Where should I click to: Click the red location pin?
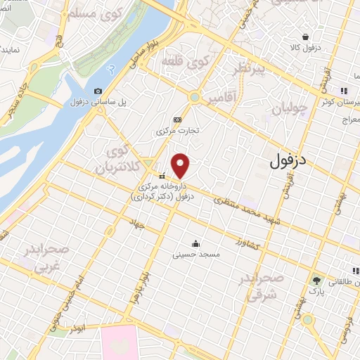tap(181, 165)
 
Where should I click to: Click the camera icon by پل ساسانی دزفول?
tap(98, 91)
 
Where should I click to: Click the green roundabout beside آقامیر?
tap(195, 97)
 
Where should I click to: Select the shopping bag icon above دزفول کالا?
tap(305, 37)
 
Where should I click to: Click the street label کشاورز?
tap(248, 245)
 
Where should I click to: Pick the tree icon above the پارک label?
tap(316, 281)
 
